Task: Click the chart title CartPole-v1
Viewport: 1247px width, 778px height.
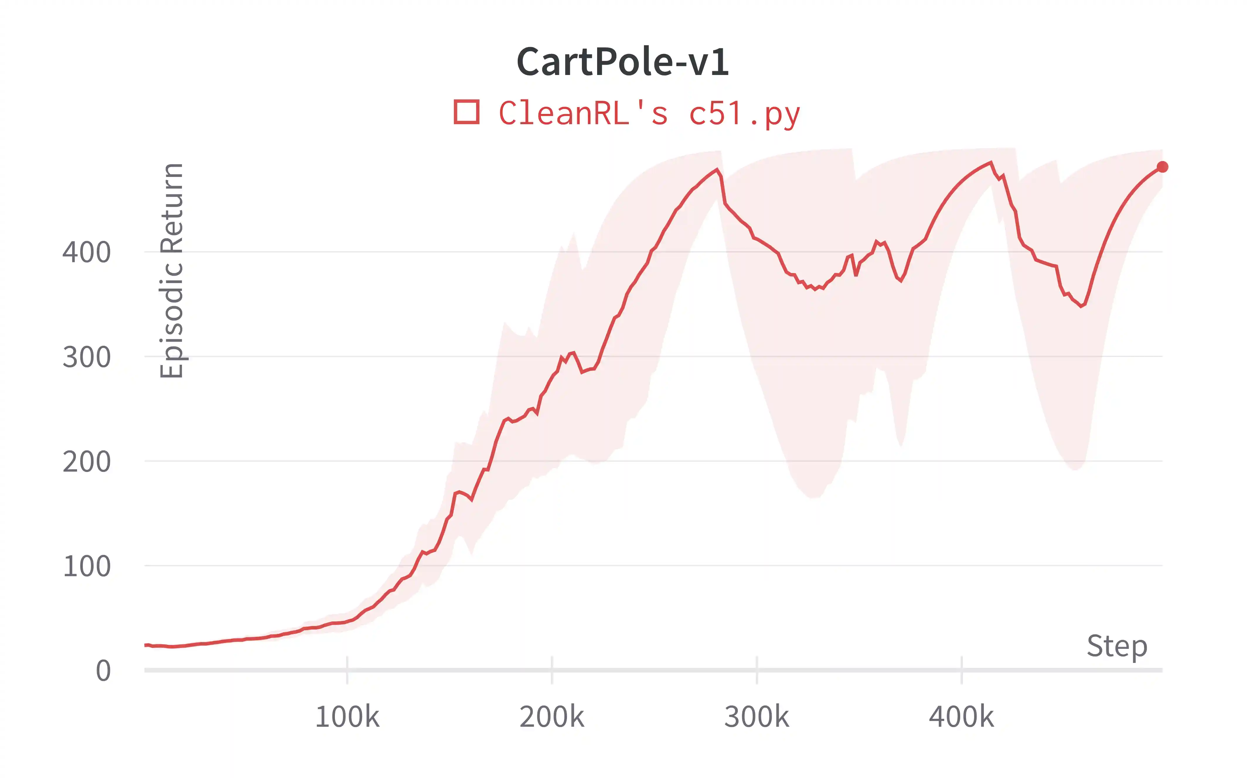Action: point(623,62)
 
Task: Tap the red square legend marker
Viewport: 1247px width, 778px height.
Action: point(466,112)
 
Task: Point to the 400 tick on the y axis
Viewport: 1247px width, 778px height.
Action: point(86,252)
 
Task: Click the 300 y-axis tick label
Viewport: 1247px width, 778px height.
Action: point(86,357)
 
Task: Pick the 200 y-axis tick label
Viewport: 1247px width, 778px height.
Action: point(86,462)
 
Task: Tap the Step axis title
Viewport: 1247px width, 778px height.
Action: point(1117,646)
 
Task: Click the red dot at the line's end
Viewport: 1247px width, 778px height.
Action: point(1162,167)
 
